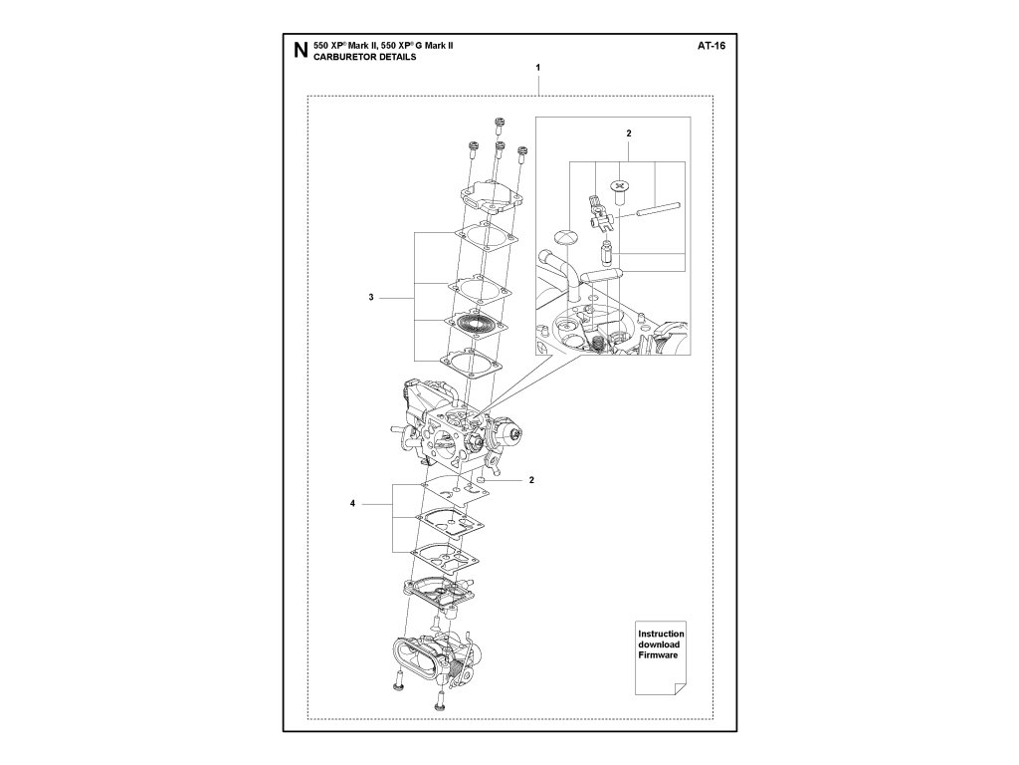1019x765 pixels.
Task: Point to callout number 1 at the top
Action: point(537,67)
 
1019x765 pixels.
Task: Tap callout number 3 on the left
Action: point(370,298)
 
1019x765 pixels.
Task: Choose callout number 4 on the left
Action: point(352,505)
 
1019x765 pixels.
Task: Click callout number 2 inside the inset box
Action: point(628,132)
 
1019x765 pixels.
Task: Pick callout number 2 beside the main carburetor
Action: point(531,480)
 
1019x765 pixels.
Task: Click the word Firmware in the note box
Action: point(658,658)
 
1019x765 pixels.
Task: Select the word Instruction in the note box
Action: point(661,635)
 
